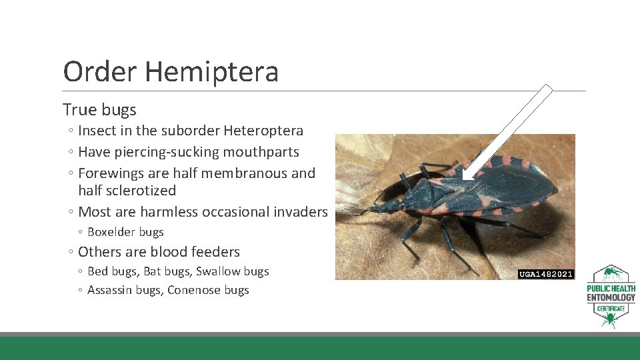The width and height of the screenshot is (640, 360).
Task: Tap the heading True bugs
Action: click(99, 109)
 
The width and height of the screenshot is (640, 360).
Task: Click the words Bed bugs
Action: click(112, 271)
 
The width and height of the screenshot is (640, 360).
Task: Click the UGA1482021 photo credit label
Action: click(546, 274)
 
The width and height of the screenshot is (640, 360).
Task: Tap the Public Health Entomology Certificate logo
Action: click(611, 297)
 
